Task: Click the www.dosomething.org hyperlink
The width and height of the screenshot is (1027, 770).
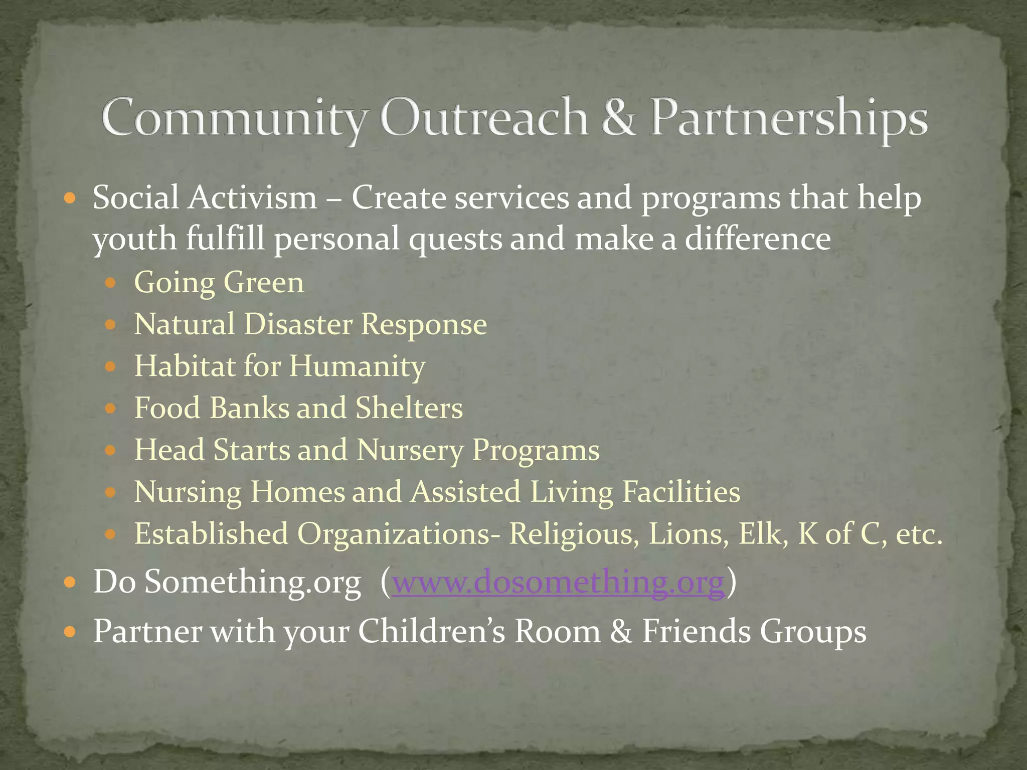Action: coord(558,583)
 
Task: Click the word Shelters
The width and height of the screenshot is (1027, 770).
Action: coord(409,408)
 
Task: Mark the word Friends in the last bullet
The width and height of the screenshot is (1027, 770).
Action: coord(697,631)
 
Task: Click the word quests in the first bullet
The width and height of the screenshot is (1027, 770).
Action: coord(455,240)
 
